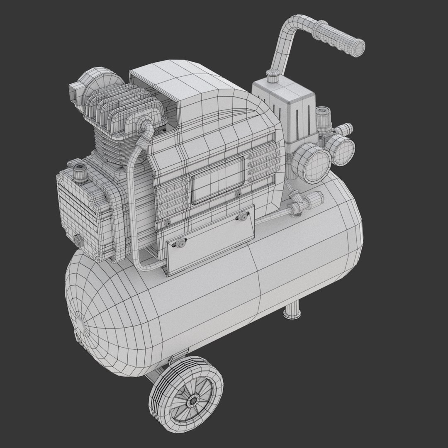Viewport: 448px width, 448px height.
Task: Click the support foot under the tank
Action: click(293, 311)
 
